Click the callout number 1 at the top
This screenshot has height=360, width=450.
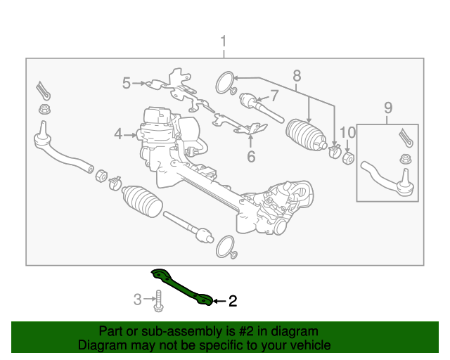[x=224, y=41]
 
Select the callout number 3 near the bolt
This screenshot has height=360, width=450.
[x=138, y=300]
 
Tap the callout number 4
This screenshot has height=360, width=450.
[x=119, y=133]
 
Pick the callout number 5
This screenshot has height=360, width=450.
[x=127, y=84]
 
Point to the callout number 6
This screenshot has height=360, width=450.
[x=251, y=156]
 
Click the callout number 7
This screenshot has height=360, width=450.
[x=274, y=94]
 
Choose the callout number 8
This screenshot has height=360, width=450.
[x=296, y=75]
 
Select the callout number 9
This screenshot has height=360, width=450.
[x=387, y=108]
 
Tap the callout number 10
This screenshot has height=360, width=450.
[x=348, y=132]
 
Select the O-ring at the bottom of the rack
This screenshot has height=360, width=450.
[x=225, y=246]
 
